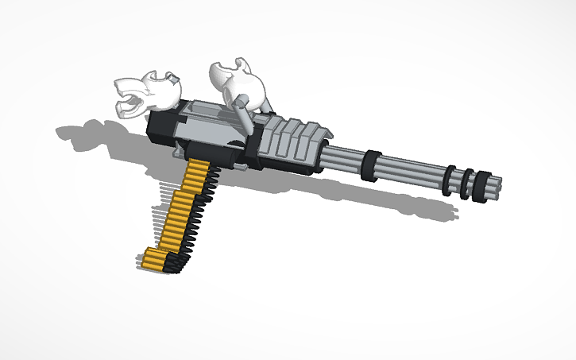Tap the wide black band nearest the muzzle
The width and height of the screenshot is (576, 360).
pyautogui.click(x=481, y=184)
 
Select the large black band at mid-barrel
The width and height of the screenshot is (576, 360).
pyautogui.click(x=370, y=167)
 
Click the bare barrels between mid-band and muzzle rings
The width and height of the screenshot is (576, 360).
pyautogui.click(x=413, y=172)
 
